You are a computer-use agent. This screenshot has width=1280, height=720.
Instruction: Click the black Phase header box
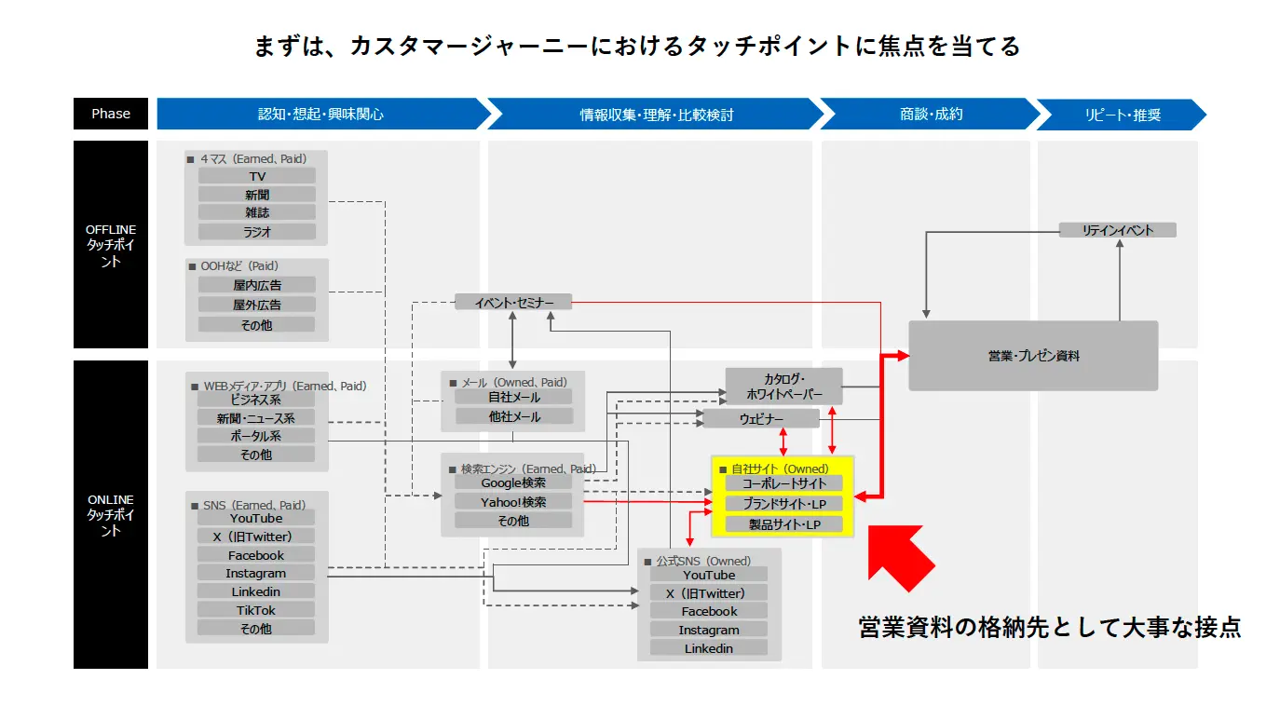tap(110, 114)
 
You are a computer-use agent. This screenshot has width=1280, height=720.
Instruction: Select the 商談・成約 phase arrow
tap(931, 115)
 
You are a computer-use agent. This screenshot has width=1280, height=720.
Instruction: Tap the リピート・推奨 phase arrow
tap(1121, 115)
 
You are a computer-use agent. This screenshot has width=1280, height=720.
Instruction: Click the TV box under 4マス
tap(256, 176)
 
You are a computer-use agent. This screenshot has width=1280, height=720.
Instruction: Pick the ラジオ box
tap(256, 231)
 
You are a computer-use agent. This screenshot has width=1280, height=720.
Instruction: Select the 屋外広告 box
tap(256, 305)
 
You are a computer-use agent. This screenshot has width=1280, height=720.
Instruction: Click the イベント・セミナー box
tap(513, 303)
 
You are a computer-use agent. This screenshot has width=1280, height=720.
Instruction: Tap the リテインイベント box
tap(1117, 230)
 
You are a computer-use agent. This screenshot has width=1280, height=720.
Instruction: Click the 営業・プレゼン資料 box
tap(1033, 356)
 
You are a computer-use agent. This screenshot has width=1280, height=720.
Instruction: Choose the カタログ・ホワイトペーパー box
tap(783, 387)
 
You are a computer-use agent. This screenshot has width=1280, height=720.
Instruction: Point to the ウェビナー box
tap(761, 419)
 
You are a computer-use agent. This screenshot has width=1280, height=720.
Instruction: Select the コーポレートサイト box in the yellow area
tap(783, 483)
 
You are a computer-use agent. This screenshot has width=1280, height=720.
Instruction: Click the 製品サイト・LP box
tap(783, 524)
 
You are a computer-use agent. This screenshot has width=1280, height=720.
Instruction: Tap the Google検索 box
tap(513, 482)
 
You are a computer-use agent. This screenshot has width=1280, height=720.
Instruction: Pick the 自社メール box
tap(513, 397)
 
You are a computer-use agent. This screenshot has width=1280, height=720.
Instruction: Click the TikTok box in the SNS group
tap(255, 610)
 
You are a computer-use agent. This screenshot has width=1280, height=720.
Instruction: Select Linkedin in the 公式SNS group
tap(709, 648)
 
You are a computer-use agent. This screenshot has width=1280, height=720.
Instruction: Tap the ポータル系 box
tap(255, 436)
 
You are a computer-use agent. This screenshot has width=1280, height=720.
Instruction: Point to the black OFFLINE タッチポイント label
tap(110, 245)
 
